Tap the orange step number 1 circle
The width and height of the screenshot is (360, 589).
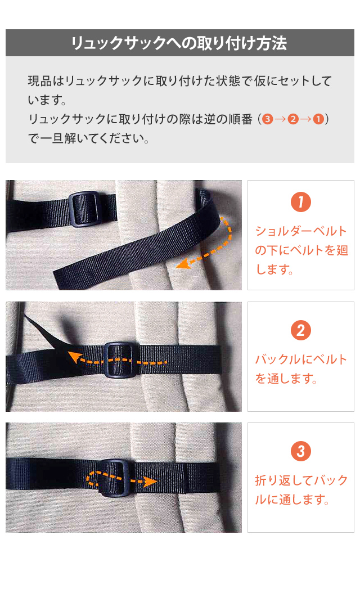(301, 203)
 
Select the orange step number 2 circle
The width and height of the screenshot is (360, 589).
(301, 330)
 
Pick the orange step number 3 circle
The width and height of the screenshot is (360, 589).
(301, 451)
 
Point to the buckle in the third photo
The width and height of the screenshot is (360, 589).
(116, 477)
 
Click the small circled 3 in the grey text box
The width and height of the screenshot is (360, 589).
(268, 119)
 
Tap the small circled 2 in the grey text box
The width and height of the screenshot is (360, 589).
(293, 119)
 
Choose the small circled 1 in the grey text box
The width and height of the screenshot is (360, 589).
(318, 119)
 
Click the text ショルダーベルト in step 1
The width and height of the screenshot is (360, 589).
(301, 231)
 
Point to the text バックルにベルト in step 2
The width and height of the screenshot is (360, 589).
(301, 359)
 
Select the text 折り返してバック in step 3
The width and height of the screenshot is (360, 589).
(301, 480)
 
